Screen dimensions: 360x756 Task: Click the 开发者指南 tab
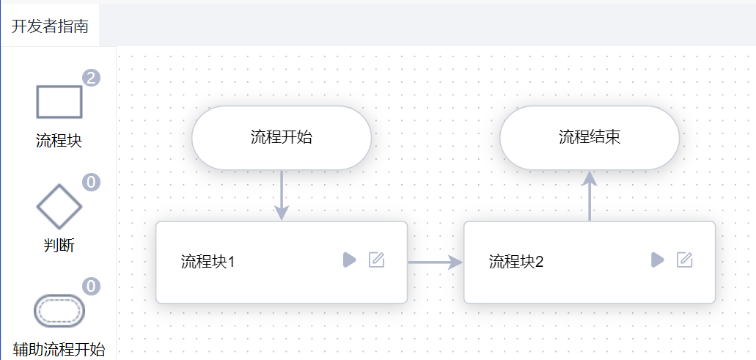50,26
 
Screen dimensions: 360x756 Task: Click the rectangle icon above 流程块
59,102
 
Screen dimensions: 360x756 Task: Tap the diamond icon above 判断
59,206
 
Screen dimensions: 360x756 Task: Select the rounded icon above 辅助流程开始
59,311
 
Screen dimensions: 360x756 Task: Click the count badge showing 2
91,78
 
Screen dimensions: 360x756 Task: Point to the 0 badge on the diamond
91,182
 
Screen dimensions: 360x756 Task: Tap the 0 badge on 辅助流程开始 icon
91,286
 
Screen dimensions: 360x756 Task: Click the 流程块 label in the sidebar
59,141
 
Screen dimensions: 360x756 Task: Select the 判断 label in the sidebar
59,245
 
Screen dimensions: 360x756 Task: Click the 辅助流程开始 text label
59,350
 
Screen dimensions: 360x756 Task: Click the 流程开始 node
282,137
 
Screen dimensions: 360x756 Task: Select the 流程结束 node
590,137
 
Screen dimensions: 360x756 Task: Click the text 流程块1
208,262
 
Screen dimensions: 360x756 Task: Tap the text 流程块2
516,262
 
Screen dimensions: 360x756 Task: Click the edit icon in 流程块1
376,260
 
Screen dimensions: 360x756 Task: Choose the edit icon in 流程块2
684,260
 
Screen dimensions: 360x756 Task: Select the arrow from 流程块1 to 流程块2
436,262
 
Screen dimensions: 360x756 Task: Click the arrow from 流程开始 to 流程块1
282,195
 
